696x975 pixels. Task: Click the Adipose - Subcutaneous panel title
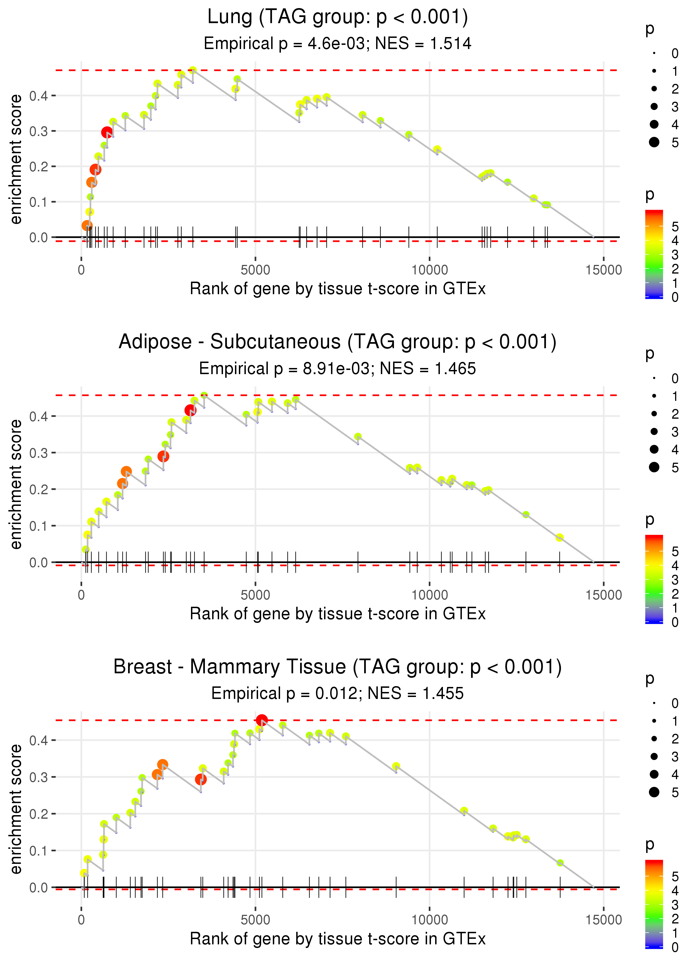click(x=338, y=342)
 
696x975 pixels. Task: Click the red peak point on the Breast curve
click(x=262, y=720)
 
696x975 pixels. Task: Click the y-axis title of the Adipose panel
click(x=16, y=484)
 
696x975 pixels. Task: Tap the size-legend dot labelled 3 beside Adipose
click(x=654, y=431)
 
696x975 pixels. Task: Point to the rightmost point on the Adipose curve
click(x=559, y=538)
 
